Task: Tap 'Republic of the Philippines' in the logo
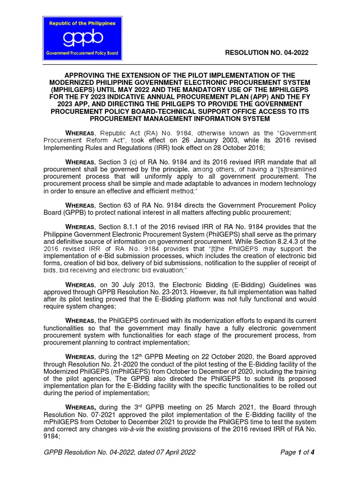click(82, 22)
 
